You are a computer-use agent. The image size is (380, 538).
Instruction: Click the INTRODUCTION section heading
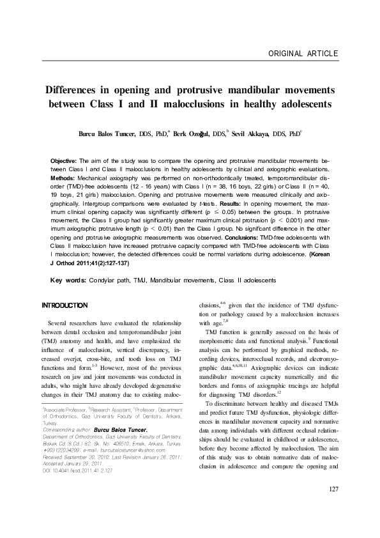(65, 305)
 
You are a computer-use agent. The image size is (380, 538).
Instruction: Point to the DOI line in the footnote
(77, 488)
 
